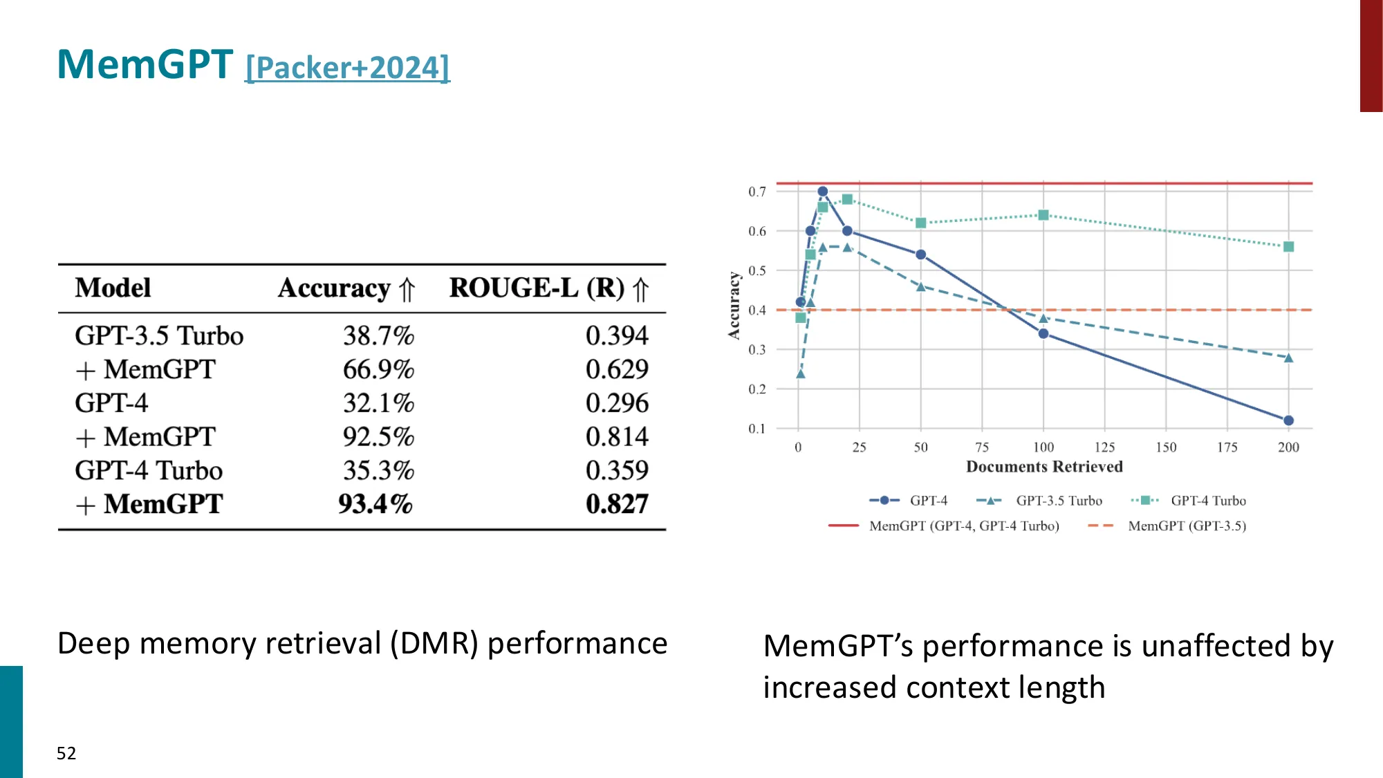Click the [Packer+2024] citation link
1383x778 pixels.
tap(347, 68)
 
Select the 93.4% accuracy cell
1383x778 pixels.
tap(375, 504)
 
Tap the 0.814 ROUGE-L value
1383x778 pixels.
tap(617, 437)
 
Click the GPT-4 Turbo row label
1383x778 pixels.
tap(149, 471)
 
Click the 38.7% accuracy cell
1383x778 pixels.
tap(378, 336)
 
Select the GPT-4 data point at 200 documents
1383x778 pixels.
tap(1288, 420)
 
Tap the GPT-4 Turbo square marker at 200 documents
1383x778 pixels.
tap(1288, 247)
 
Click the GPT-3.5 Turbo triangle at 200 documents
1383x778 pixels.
tap(1288, 358)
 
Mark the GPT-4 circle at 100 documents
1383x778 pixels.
tap(1043, 334)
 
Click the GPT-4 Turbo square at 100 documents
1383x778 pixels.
tap(1043, 215)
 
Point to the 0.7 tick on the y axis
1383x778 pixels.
tap(757, 192)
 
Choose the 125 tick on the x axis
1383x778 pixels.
tap(1104, 447)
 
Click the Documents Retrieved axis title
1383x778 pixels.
tap(1044, 467)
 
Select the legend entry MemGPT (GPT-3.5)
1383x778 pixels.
tap(1187, 526)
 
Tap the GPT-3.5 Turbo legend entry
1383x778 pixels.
tap(1059, 501)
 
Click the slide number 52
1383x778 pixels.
tap(66, 753)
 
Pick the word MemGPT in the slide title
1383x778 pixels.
tap(145, 64)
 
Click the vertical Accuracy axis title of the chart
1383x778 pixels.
tap(734, 305)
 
